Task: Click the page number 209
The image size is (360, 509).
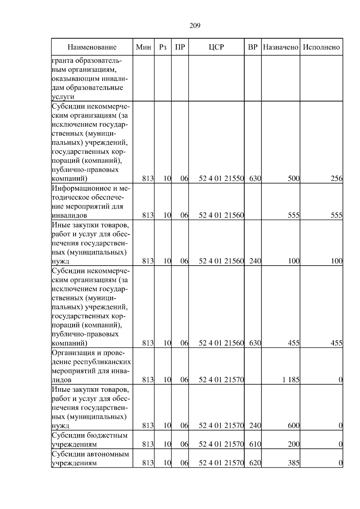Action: (195, 26)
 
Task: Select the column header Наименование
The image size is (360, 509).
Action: (92, 47)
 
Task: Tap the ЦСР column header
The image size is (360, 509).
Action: (216, 47)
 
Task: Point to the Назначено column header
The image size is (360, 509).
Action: (280, 47)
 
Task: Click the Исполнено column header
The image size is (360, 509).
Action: (321, 47)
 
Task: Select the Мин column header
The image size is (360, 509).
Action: (143, 47)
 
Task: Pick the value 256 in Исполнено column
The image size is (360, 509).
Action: (336, 179)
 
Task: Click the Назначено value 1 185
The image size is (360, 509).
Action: (291, 380)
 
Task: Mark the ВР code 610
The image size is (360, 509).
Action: (255, 445)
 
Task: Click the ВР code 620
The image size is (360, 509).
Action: (255, 463)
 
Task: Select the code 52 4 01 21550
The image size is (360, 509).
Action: (221, 179)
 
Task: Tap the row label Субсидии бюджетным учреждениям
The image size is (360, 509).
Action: (90, 440)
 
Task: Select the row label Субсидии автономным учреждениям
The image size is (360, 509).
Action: (90, 458)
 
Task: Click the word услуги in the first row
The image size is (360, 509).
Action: (63, 97)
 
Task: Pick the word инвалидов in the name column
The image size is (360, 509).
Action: (70, 216)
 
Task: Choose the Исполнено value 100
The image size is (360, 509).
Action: (337, 261)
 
